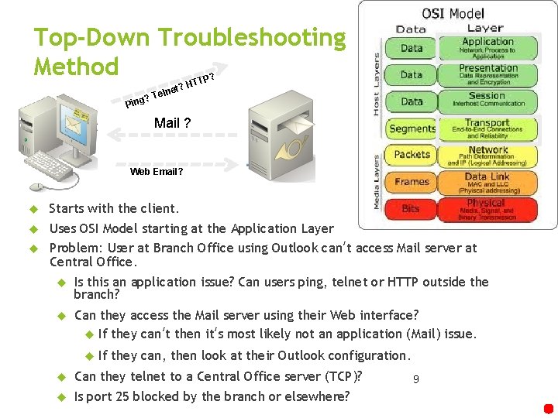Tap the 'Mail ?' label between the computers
173,123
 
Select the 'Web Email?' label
157,171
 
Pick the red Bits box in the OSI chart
411,208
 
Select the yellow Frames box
411,182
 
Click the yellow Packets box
411,155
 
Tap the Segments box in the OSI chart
411,128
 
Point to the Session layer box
487,100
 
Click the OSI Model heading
453,13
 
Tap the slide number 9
416,379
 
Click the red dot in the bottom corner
549,409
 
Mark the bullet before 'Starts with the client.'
34,209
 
